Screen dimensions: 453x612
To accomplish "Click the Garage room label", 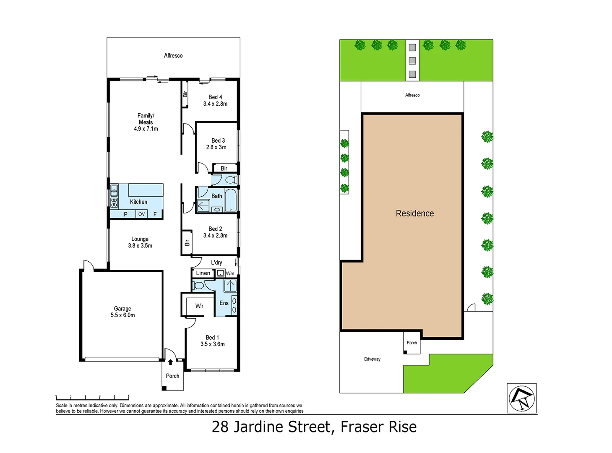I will (x=122, y=309).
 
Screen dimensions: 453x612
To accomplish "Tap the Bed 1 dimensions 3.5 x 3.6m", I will (x=212, y=344).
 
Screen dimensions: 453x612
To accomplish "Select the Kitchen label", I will (x=138, y=202).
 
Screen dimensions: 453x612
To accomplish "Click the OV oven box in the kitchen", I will (x=142, y=214).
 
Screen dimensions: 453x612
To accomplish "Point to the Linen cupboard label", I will (x=203, y=273).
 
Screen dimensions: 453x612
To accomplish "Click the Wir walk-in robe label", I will (x=199, y=306).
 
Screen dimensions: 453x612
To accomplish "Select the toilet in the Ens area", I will (x=198, y=286).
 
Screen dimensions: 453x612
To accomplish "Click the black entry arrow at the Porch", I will (x=170, y=362).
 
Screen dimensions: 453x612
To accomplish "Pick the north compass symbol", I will (x=521, y=398).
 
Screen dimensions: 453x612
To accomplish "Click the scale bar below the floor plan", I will (x=92, y=397).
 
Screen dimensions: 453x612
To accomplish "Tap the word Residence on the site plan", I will (x=414, y=213).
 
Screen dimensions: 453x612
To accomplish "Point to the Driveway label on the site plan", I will (x=372, y=359).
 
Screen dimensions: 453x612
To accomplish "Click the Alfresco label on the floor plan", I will (x=173, y=56).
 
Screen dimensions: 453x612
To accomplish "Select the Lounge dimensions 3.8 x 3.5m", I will (x=140, y=246).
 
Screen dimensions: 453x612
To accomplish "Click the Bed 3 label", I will (x=218, y=141).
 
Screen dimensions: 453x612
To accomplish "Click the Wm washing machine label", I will (x=230, y=273).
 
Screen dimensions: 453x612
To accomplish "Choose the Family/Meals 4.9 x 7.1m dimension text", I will (x=146, y=129).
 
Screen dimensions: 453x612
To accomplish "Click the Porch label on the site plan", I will (x=412, y=343).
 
